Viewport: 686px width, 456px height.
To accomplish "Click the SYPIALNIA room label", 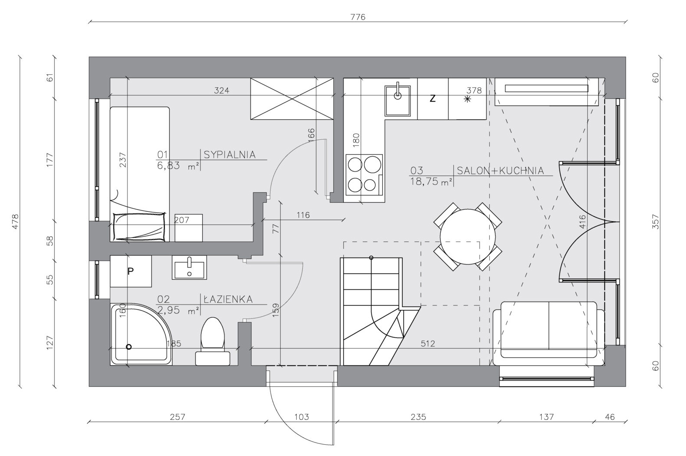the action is (x=229, y=154).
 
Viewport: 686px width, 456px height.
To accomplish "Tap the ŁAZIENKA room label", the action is (x=228, y=299).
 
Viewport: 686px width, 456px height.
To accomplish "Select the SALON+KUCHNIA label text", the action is (x=500, y=171).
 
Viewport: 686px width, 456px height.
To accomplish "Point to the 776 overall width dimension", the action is (x=358, y=17).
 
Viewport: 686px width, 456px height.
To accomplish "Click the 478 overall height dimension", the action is (x=15, y=221).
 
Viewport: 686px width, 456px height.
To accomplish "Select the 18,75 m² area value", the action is (x=431, y=181).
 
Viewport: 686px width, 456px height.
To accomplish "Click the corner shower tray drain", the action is (x=129, y=347).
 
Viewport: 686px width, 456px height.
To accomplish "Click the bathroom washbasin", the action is (x=189, y=267).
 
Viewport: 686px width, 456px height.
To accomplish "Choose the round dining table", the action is (x=468, y=236).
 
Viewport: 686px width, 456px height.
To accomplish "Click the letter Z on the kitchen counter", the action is (x=432, y=99).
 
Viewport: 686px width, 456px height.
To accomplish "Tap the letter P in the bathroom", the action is (x=131, y=271).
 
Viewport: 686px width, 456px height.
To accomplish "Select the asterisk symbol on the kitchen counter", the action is (x=467, y=99).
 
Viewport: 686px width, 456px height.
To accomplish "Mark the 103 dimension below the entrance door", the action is (x=301, y=417).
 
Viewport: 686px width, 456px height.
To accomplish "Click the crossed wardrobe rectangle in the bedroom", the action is (x=292, y=99).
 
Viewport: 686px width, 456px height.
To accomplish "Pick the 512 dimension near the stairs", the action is (x=428, y=344).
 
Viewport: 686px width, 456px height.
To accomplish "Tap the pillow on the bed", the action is (x=139, y=227).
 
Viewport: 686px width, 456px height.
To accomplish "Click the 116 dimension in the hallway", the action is (x=303, y=215).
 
